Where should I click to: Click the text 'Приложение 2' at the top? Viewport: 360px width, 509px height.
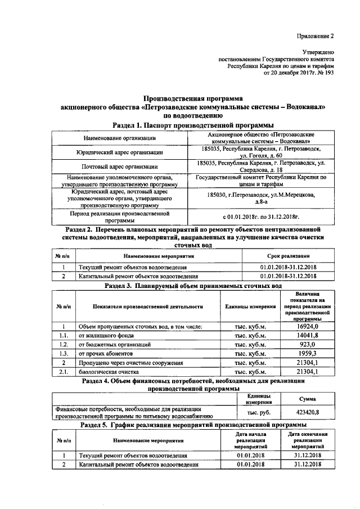point(316,36)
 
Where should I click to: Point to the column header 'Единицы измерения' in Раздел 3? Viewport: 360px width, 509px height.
point(250,307)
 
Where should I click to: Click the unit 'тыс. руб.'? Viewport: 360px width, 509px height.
point(258,412)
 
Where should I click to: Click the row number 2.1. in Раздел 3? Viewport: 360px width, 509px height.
point(64,371)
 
